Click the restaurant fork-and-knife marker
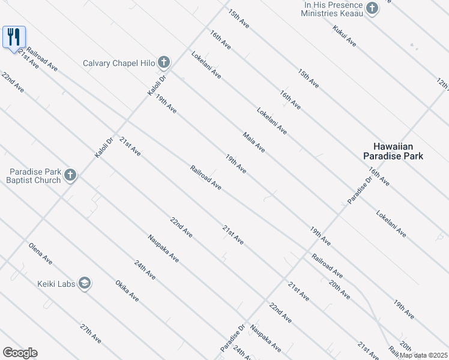13,37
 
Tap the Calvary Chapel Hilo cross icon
164,62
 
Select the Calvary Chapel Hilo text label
119,63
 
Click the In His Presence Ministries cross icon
372,8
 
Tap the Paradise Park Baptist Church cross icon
70,175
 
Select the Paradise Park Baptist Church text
34,176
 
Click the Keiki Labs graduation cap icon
84,283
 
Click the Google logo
20,353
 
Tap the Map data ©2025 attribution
423,355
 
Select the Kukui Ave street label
345,37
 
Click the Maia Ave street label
254,142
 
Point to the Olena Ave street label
40,253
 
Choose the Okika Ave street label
127,290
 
